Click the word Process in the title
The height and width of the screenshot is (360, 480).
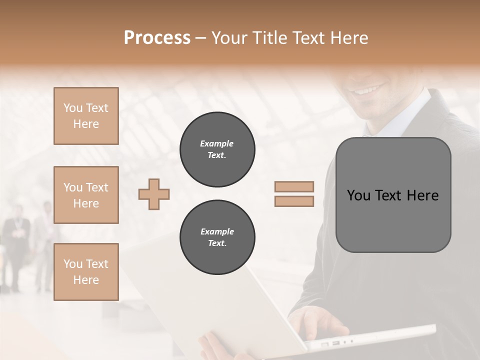point(157,38)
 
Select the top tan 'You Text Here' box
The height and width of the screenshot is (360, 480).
point(86,116)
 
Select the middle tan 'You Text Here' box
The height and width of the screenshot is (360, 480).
point(86,195)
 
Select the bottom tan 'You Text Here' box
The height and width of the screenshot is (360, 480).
point(86,271)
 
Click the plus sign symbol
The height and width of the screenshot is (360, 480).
point(154,194)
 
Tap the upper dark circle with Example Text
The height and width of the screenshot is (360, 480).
point(217,149)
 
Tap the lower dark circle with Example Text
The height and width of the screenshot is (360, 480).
point(217,237)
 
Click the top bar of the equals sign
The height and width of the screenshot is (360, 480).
point(294,187)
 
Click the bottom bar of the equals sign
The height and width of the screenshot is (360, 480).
point(294,201)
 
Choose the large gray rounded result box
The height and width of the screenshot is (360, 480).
point(393,195)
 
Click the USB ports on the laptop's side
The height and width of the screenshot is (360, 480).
point(330,343)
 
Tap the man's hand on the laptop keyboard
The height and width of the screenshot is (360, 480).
point(320,320)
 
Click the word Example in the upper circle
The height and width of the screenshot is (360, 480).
point(217,144)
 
